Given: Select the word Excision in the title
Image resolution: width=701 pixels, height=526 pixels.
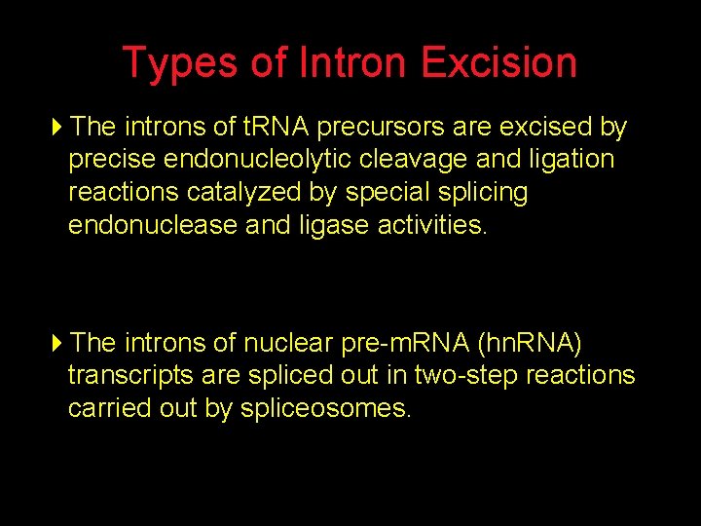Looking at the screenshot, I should pos(499,63).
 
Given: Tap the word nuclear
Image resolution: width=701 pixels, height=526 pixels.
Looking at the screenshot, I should pos(287,344).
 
